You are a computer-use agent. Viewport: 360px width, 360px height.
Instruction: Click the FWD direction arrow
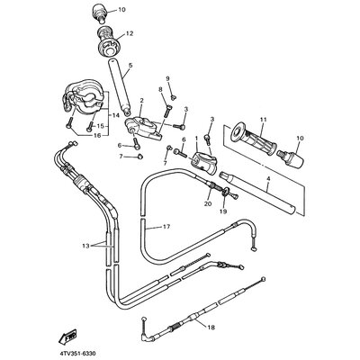(67, 337)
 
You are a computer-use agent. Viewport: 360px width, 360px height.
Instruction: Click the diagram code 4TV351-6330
(77, 354)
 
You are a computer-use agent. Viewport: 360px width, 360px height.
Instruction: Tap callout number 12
(129, 33)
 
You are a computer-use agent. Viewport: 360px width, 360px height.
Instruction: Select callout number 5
(130, 65)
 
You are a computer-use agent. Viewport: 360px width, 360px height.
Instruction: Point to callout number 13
(85, 246)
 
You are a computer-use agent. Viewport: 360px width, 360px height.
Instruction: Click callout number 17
(166, 227)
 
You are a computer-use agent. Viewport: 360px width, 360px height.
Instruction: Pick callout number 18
(211, 328)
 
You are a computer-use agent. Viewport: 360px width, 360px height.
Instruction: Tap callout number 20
(208, 203)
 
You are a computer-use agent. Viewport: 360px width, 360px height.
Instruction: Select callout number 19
(223, 211)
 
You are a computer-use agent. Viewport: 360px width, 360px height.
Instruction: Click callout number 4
(268, 178)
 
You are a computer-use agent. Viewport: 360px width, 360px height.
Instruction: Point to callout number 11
(264, 120)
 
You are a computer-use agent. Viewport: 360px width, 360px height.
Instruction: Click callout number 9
(168, 78)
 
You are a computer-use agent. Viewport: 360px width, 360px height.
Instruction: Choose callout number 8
(160, 89)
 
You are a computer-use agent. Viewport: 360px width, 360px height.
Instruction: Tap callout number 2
(141, 100)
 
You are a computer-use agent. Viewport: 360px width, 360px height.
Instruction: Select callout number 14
(114, 115)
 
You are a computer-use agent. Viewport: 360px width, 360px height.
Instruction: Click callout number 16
(97, 136)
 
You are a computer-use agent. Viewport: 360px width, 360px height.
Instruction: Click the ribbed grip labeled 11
(254, 139)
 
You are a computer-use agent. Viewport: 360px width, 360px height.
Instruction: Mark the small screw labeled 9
(173, 96)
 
